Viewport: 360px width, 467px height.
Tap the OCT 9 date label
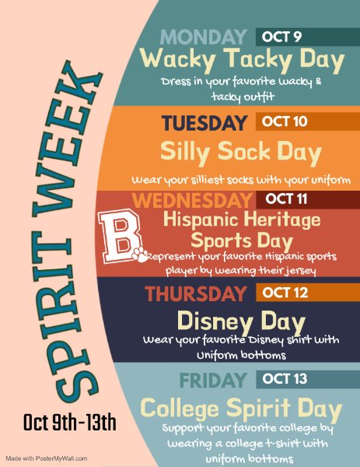coord(281,37)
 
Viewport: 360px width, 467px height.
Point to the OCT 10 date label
coord(285,122)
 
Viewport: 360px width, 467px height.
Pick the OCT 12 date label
coord(285,293)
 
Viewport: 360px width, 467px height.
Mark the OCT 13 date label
coord(285,379)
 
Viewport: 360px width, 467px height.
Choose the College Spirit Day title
coord(241,408)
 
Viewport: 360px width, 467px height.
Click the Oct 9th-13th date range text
coord(70,423)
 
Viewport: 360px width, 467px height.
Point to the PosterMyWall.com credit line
coord(47,458)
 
